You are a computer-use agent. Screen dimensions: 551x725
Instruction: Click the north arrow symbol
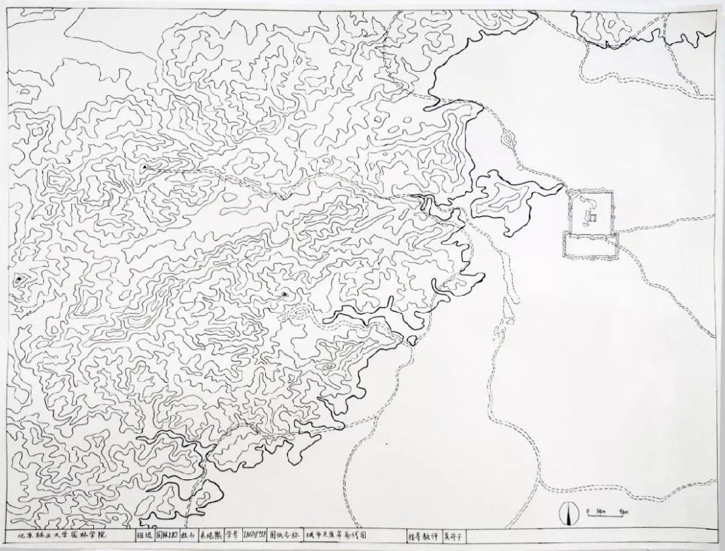pyautogui.click(x=569, y=515)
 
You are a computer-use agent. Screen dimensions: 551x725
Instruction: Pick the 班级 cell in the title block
pyautogui.click(x=144, y=536)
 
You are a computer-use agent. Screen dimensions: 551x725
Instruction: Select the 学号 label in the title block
pyautogui.click(x=230, y=536)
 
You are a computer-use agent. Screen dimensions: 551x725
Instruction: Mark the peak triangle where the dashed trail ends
pyautogui.click(x=144, y=166)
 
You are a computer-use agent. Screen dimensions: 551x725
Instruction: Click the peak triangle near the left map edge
pyautogui.click(x=19, y=278)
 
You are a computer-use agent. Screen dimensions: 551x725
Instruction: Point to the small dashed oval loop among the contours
pyautogui.click(x=299, y=311)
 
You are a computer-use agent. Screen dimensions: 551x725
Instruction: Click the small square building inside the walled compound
pyautogui.click(x=593, y=216)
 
